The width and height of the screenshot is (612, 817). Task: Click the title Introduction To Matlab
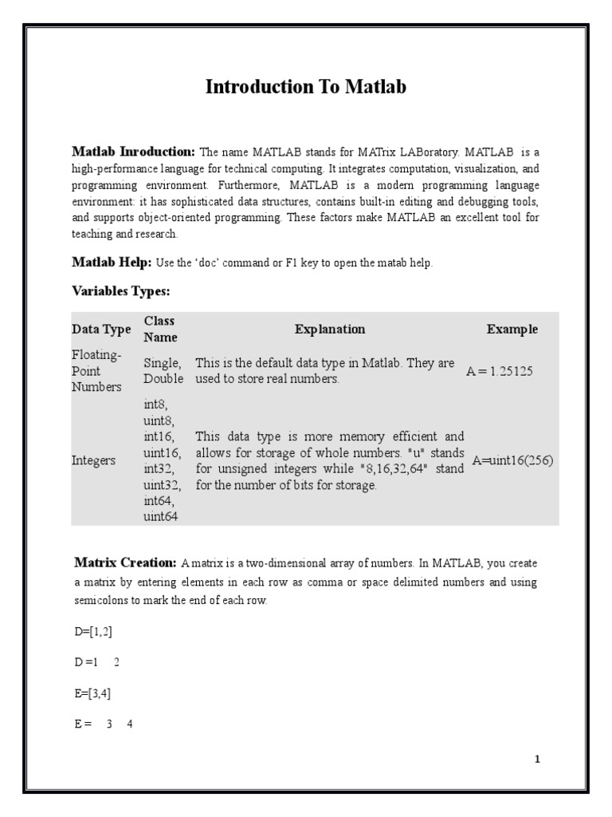pos(306,87)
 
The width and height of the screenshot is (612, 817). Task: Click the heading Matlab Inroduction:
pos(133,151)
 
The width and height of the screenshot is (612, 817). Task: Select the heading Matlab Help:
pos(112,262)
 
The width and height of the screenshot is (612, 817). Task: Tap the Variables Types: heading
pos(120,291)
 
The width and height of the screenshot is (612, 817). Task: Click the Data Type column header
pos(101,330)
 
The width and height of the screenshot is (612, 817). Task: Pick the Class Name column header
pos(160,329)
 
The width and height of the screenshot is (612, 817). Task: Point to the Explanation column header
pos(329,329)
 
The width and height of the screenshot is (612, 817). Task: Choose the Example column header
pos(512,329)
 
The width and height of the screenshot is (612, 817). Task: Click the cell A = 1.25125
pos(500,371)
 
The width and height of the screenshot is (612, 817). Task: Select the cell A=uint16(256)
pos(512,460)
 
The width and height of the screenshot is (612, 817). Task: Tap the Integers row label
pos(94,460)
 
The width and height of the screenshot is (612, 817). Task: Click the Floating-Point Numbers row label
pos(97,371)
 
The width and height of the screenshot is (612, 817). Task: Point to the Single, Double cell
pos(163,371)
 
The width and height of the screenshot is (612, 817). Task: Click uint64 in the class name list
pos(161,516)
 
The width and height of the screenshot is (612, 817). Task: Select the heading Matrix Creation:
pos(125,562)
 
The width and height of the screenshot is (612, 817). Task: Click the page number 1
pos(537,759)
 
